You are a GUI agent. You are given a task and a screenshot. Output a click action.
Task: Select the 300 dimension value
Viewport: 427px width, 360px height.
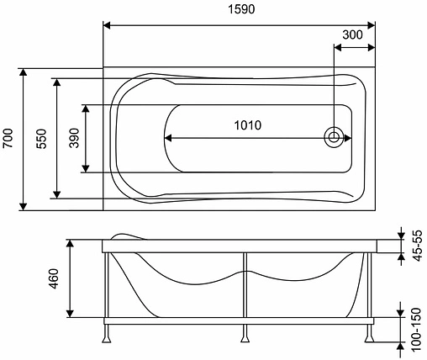[x=354, y=34]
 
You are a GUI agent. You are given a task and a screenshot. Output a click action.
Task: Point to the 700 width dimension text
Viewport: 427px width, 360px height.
[x=8, y=138]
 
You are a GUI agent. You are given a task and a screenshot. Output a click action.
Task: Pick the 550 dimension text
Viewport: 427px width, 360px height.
[x=40, y=138]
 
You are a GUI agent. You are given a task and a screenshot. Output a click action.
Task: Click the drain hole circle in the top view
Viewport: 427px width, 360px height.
[x=335, y=137]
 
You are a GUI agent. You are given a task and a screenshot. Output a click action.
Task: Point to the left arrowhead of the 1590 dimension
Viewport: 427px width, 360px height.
[x=109, y=24]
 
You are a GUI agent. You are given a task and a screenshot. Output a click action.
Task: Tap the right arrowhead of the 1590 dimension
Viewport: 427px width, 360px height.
[x=370, y=24]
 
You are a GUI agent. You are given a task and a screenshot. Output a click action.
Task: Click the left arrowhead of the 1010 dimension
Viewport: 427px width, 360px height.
[x=168, y=137]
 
